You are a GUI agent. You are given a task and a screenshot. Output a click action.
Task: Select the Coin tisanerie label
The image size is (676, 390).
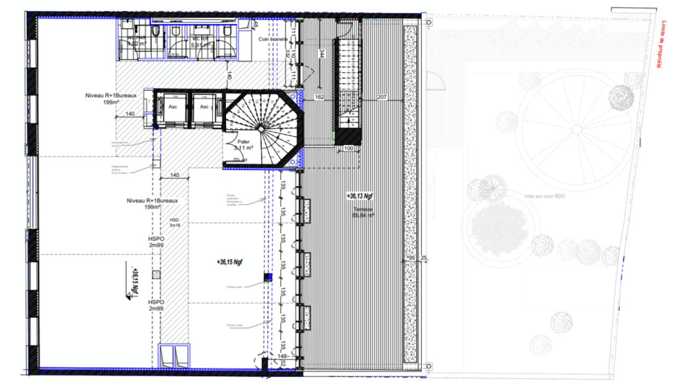click(x=273, y=39)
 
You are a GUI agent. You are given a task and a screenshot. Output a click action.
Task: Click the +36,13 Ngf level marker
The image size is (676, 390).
click(x=360, y=196)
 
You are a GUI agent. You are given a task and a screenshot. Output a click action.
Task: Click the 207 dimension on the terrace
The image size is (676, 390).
click(x=382, y=98)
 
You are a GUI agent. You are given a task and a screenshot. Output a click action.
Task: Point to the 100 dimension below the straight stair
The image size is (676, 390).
click(x=348, y=149)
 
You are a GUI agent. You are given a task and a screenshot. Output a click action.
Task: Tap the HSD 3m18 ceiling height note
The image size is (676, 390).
click(x=174, y=223)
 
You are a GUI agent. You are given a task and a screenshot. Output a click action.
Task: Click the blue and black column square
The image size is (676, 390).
click(x=268, y=277)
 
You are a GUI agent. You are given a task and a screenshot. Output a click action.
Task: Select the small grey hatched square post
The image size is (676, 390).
click(x=156, y=274)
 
